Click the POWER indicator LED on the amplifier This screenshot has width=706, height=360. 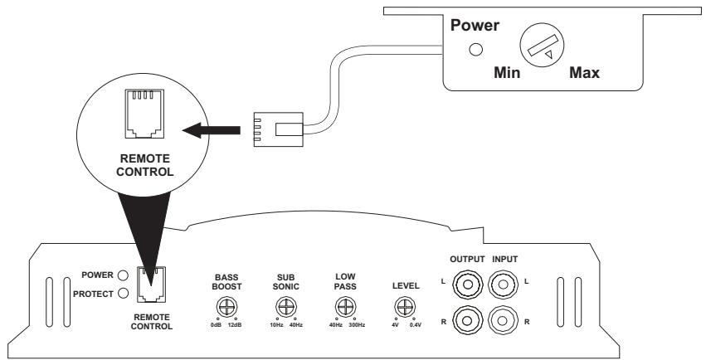click(x=122, y=275)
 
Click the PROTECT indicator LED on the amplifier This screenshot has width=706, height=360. click(x=122, y=292)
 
